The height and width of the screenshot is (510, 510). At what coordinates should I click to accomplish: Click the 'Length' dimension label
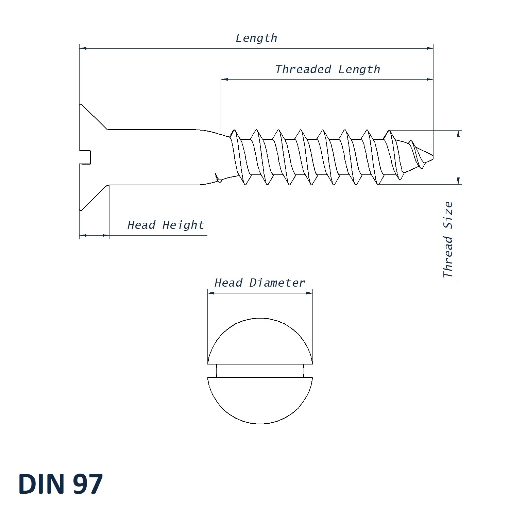pyautogui.click(x=256, y=38)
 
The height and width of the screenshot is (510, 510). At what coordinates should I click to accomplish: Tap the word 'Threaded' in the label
pyautogui.click(x=303, y=69)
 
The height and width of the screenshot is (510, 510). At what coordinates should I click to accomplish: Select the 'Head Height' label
pyautogui.click(x=166, y=225)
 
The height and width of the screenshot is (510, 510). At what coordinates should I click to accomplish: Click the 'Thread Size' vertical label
pyautogui.click(x=448, y=239)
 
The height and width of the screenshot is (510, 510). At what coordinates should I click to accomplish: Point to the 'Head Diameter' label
pyautogui.click(x=260, y=283)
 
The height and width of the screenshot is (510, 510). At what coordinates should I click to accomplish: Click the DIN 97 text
pyautogui.click(x=60, y=484)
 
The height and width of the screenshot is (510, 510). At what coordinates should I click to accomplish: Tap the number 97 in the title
pyautogui.click(x=88, y=484)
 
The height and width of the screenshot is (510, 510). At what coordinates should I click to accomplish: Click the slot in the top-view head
pyautogui.click(x=260, y=371)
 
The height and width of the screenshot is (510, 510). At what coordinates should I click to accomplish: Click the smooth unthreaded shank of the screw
pyautogui.click(x=153, y=157)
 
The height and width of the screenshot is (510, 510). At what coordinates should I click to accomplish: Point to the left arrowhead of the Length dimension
pyautogui.click(x=83, y=48)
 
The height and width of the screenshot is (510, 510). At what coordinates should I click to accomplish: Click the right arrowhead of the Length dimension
pyautogui.click(x=430, y=48)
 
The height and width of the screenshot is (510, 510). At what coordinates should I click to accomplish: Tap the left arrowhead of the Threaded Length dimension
pyautogui.click(x=224, y=79)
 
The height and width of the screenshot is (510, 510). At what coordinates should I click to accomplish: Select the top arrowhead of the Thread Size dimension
pyautogui.click(x=458, y=134)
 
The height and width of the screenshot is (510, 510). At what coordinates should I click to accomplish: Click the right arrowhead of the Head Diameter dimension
pyautogui.click(x=309, y=293)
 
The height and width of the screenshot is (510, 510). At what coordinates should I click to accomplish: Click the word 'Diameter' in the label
pyautogui.click(x=277, y=283)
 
